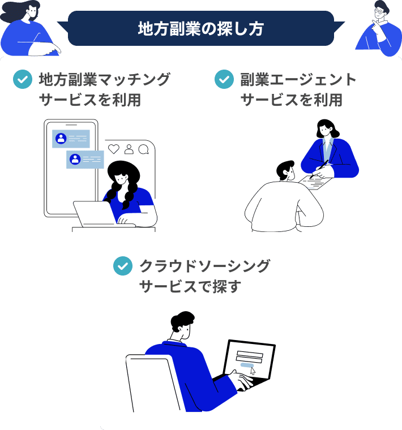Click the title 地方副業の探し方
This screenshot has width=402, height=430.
[200, 29]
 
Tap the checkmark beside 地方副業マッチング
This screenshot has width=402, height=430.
[23, 80]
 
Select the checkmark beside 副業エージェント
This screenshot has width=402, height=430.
[224, 80]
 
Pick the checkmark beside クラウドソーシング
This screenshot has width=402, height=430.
[123, 266]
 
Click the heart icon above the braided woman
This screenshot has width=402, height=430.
[114, 149]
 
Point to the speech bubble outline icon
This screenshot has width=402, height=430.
[144, 149]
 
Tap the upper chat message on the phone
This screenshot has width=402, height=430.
[71, 139]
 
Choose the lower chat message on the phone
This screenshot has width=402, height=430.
[85, 159]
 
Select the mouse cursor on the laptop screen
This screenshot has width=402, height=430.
[253, 372]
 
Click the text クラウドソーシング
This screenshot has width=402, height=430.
[204, 266]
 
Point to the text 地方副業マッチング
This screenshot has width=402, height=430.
[104, 80]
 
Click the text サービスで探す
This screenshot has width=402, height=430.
[190, 287]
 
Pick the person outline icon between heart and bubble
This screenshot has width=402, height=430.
[129, 149]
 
